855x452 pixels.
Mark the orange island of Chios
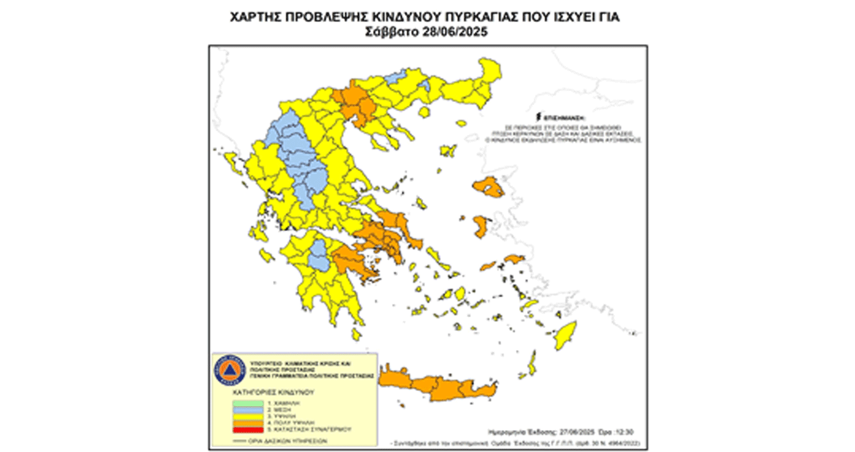[481, 227]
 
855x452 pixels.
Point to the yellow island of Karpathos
[532, 363]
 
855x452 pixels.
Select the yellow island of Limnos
[448, 150]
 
